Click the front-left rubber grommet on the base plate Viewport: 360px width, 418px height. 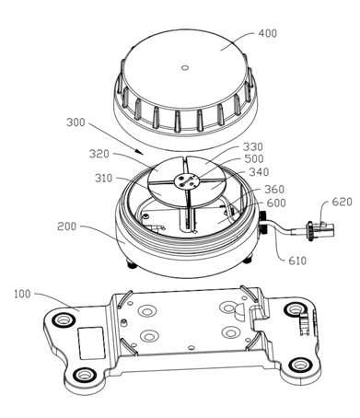pyautogui.click(x=85, y=375)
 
